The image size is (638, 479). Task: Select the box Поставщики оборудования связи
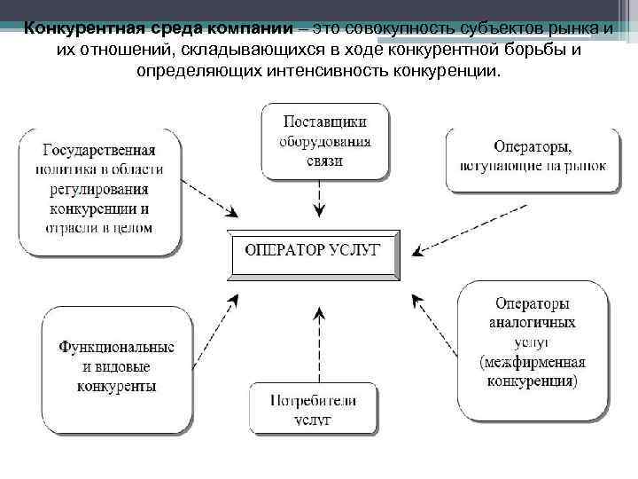click(x=323, y=139)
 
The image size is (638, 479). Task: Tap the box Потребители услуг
click(x=313, y=409)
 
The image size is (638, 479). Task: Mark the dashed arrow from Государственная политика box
click(x=210, y=200)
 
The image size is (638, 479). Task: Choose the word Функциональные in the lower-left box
click(x=117, y=347)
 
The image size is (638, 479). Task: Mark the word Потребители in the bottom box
click(x=313, y=400)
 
